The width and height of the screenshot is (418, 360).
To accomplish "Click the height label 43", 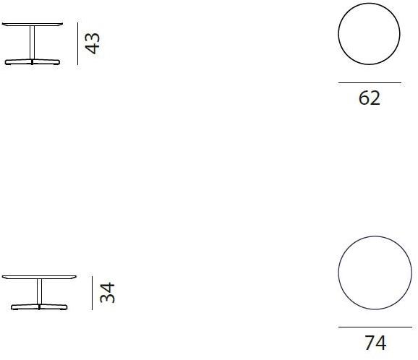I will point(93,43).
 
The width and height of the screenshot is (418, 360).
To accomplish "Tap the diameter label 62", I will point(369,98).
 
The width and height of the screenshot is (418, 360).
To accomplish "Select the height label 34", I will point(107,293).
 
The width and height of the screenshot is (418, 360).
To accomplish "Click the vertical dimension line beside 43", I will point(78,43).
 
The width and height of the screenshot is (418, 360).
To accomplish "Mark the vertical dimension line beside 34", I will point(92,293).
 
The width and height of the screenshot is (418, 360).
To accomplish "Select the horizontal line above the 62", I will point(369,83).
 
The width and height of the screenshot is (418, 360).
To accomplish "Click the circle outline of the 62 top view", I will point(338,36).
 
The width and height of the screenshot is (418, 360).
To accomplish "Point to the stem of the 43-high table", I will point(33,42).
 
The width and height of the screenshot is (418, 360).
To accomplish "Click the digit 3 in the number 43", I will point(93,37).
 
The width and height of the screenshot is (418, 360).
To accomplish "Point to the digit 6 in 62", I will point(364,98).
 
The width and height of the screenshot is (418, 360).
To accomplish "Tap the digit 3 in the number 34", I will point(107,299).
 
